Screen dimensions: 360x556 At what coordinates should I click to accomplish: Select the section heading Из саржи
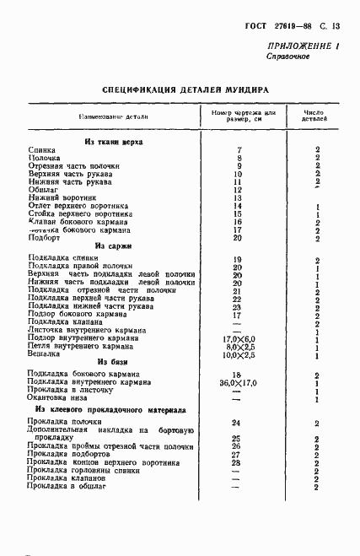click(x=112, y=246)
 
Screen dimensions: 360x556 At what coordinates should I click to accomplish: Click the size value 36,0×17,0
click(x=237, y=381)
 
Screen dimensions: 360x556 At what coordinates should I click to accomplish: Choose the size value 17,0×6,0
click(x=237, y=337)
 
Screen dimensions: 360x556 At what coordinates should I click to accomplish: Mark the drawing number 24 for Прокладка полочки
click(x=236, y=422)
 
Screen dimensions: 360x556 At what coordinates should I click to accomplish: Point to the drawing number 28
click(x=236, y=462)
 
